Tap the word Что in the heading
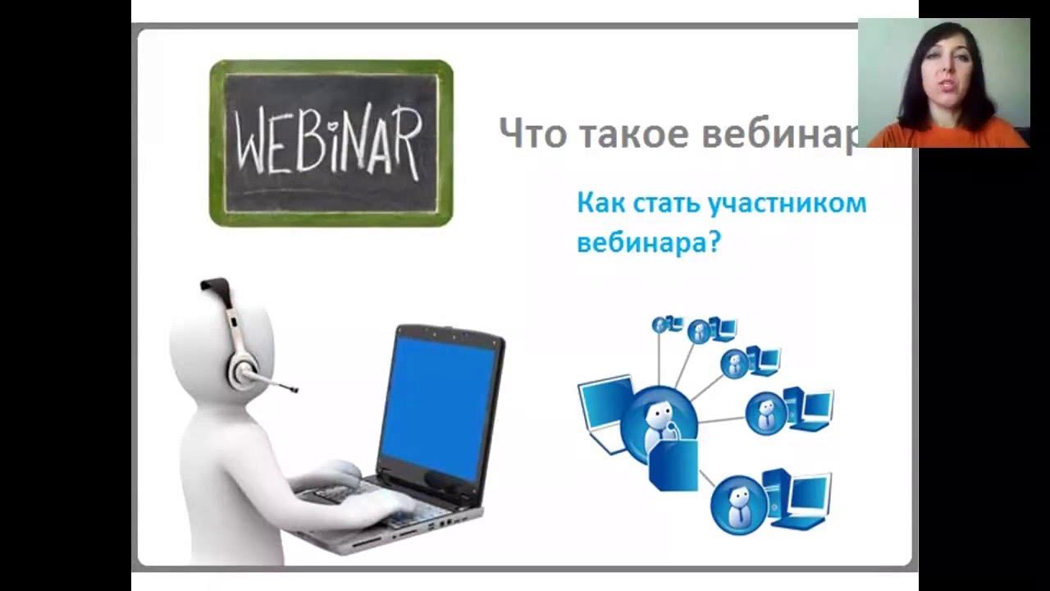[532, 133]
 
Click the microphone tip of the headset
[293, 388]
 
